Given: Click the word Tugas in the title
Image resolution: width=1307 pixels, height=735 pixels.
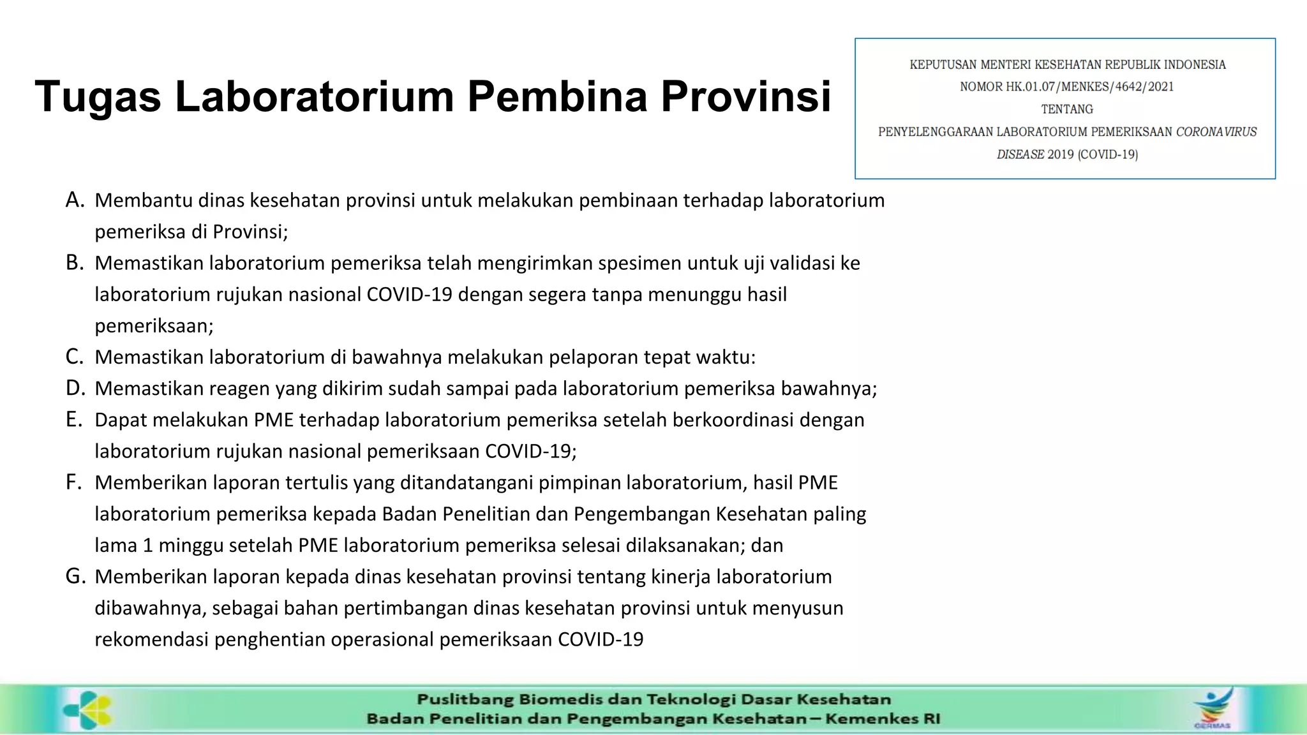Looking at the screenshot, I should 98,97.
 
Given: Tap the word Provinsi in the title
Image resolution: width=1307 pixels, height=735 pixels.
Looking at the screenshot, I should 745,97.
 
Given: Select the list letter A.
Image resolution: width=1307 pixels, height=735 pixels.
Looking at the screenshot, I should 75,200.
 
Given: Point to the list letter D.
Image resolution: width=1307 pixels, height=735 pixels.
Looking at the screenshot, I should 75,388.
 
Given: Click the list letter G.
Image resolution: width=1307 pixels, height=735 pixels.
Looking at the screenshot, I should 75,576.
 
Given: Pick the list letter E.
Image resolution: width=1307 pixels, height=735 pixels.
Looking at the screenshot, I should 73,419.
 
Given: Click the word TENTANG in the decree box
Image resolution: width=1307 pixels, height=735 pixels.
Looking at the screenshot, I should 1067,109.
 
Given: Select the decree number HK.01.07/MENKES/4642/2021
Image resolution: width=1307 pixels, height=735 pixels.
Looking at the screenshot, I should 1090,87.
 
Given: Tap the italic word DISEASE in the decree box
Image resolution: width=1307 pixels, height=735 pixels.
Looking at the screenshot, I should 1020,154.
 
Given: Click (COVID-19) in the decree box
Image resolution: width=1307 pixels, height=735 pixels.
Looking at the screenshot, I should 1108,154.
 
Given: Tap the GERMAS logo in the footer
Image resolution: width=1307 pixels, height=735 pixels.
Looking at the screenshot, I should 1213,708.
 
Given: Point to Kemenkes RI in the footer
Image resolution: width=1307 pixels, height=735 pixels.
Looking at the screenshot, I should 883,719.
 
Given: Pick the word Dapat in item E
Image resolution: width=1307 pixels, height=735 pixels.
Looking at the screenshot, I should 121,420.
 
